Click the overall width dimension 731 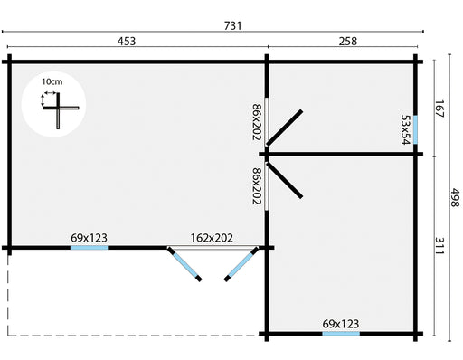[232, 26]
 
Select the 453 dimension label [127, 41]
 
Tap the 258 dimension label [348, 41]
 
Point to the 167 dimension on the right [439, 109]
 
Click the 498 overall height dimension [455, 198]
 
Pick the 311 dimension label [439, 246]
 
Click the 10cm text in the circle [52, 81]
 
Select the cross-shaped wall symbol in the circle [60, 109]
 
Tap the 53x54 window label [406, 129]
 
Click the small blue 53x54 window [415, 130]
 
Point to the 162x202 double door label [212, 238]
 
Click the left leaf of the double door [184, 264]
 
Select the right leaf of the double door [241, 264]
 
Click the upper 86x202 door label [257, 122]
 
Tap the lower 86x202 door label [257, 186]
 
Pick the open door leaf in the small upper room [284, 128]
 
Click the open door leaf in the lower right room [284, 180]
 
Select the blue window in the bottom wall [341, 334]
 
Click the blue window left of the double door [90, 248]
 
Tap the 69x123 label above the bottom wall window [341, 324]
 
